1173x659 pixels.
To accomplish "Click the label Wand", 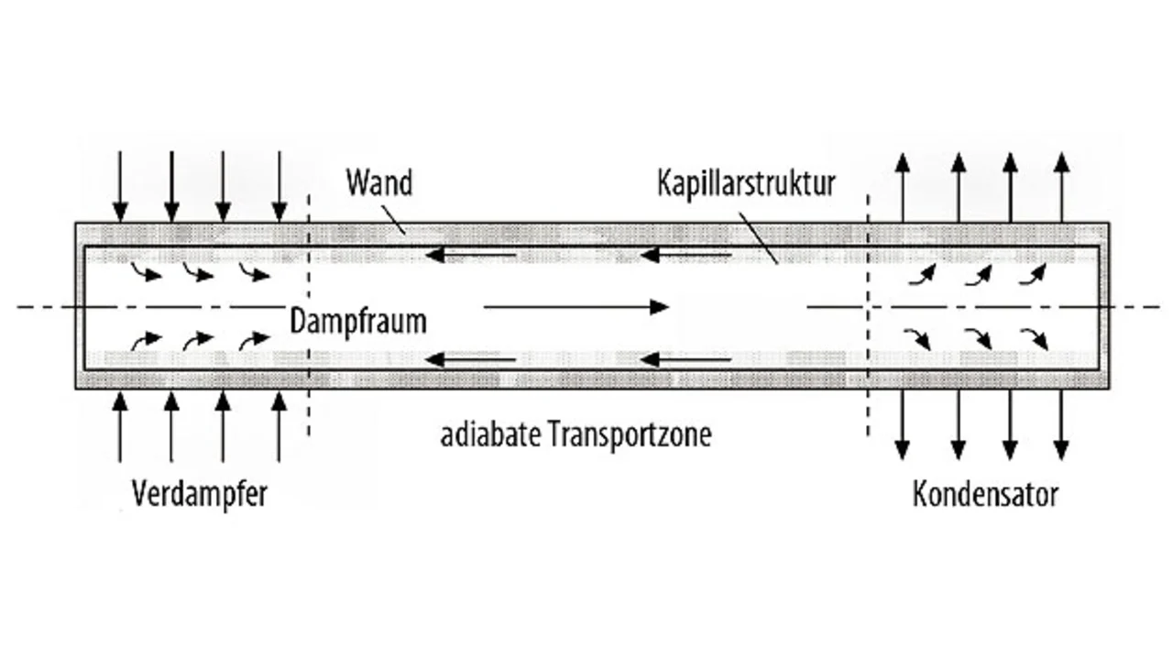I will (x=378, y=182).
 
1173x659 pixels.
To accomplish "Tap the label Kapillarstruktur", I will (x=746, y=182).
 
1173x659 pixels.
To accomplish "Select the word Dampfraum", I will (x=358, y=321).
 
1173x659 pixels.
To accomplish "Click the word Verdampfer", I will (x=200, y=494).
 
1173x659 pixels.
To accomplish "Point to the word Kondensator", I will (x=985, y=494).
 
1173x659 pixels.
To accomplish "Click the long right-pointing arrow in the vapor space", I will (x=576, y=307).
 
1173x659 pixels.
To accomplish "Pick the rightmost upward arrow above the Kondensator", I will (x=1061, y=187).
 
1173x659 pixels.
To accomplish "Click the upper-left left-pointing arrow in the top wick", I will (x=473, y=254).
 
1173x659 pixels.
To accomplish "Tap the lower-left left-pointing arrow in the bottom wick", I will (x=473, y=359).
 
